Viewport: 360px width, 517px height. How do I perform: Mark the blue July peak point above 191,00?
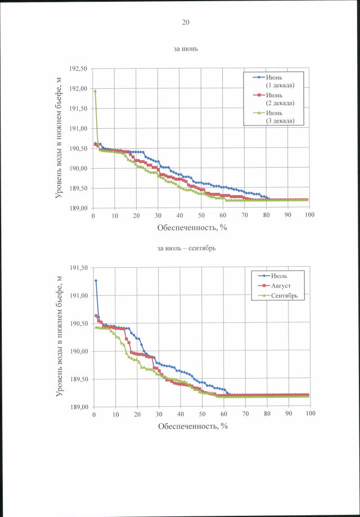[x=96, y=280]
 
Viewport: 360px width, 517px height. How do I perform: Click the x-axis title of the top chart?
[x=192, y=228]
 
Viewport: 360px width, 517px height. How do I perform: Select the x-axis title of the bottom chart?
[x=192, y=426]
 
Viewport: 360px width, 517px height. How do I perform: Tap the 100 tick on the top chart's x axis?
[x=309, y=215]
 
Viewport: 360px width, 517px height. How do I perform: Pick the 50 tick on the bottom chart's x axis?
[x=201, y=414]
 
